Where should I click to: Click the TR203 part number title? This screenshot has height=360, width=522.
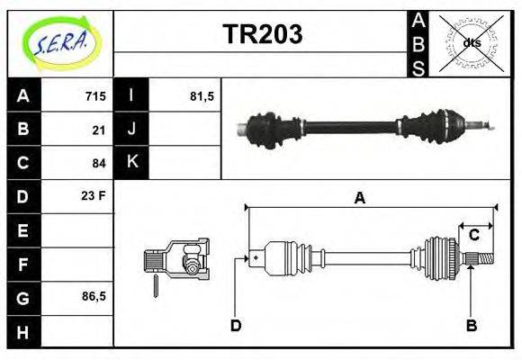[262, 34]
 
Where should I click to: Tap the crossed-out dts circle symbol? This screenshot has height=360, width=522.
[472, 42]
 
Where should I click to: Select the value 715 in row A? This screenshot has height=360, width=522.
[95, 96]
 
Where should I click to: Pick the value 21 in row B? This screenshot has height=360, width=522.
[99, 130]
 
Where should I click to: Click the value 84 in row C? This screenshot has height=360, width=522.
[99, 163]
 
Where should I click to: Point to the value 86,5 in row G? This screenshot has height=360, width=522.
[94, 296]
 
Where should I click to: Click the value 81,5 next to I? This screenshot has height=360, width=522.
[202, 96]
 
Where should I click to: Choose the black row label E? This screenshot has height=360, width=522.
[23, 230]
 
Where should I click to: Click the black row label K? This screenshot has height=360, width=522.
[132, 163]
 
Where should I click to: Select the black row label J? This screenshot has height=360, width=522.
[132, 130]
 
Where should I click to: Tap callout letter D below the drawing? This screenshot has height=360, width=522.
[236, 326]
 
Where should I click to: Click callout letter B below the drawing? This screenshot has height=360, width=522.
[471, 326]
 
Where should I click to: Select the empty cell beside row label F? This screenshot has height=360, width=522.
[78, 264]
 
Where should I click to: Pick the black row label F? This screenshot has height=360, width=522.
[23, 264]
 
